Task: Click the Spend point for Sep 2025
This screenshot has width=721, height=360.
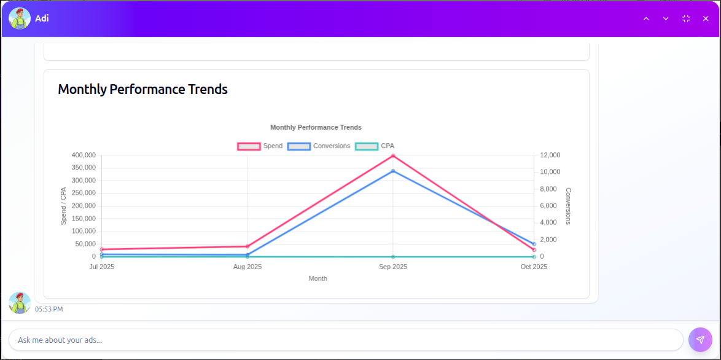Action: point(393,155)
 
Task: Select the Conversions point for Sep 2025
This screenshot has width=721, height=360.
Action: point(393,171)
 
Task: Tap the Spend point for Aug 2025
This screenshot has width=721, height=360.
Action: point(247,246)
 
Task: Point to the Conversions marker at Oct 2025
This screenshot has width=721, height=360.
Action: point(534,244)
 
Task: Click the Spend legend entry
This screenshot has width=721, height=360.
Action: point(260,146)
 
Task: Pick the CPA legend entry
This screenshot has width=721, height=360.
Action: point(375,146)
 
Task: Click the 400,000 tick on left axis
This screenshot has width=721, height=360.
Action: point(83,155)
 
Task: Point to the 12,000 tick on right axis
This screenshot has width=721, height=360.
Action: point(550,155)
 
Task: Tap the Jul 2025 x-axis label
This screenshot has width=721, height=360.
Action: point(102,267)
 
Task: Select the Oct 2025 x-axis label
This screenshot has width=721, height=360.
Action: point(534,267)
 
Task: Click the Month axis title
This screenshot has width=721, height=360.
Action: point(318,278)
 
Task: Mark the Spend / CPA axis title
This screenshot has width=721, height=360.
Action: point(63,206)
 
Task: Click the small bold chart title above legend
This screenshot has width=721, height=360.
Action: point(316,127)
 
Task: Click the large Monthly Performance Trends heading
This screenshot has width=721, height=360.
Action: point(142,89)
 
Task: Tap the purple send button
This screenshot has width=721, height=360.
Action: point(700,339)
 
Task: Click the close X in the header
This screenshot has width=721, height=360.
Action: point(706,18)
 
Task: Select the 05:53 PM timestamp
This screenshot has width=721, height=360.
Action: point(49,309)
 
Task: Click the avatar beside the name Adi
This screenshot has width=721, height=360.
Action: point(20,18)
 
